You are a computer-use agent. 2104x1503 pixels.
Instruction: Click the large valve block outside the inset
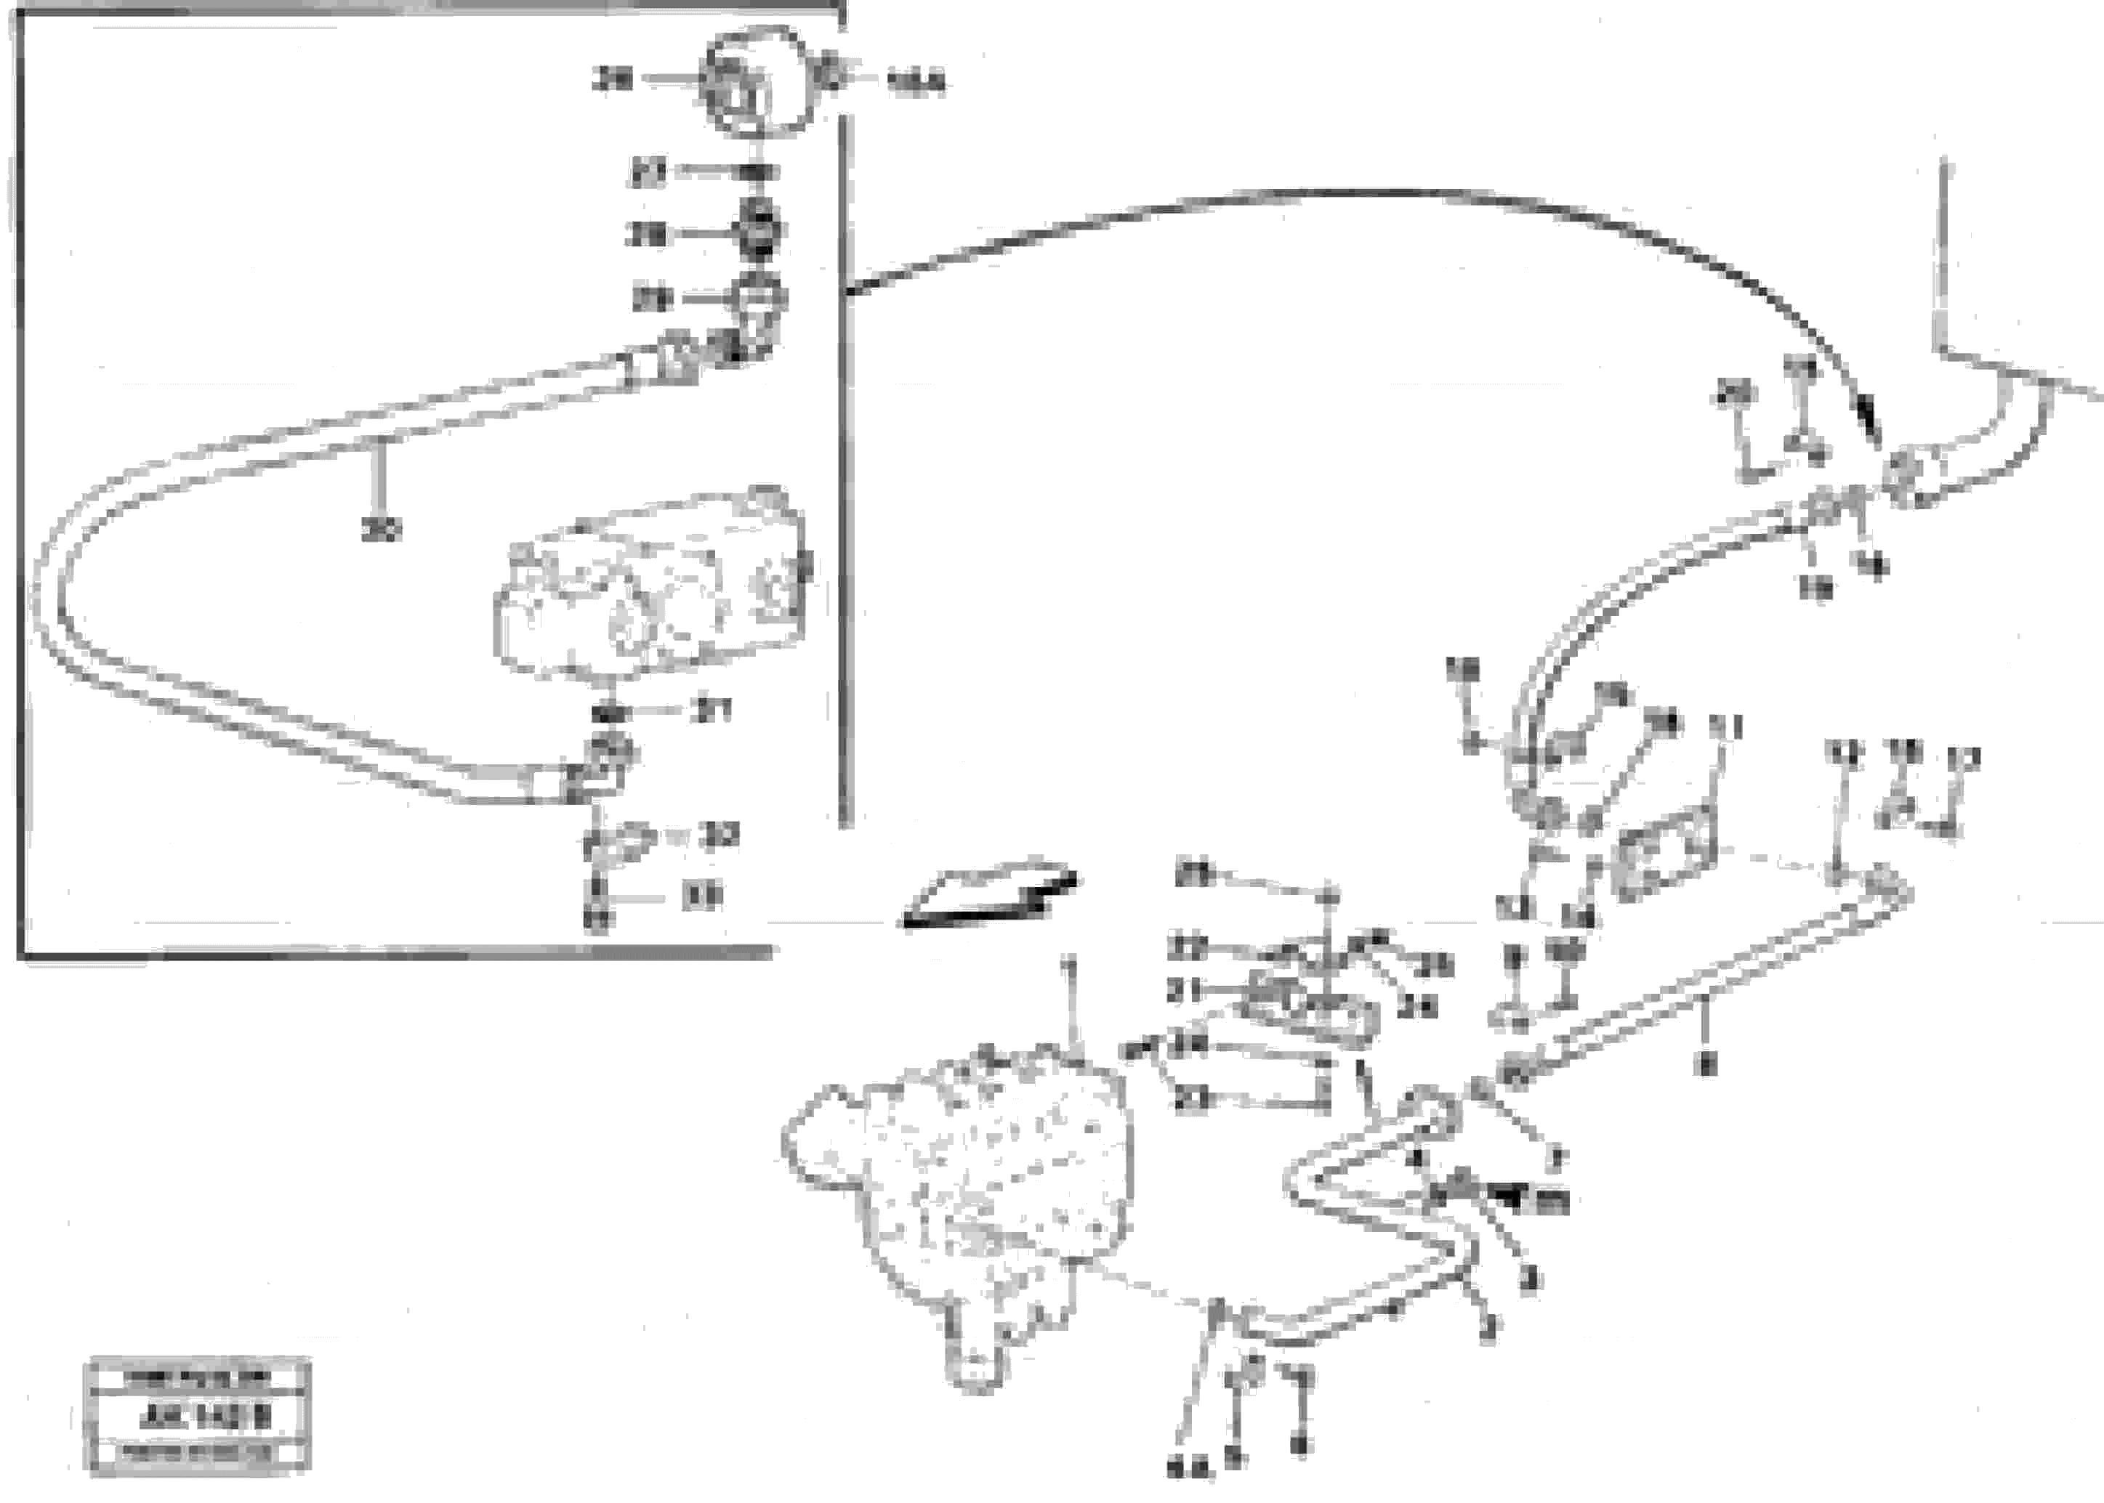click(x=963, y=1194)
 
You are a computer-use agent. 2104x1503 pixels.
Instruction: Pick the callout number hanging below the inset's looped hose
click(x=379, y=530)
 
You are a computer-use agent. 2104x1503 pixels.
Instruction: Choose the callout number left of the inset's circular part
click(x=613, y=81)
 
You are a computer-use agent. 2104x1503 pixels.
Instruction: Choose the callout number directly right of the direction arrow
click(x=1195, y=875)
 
